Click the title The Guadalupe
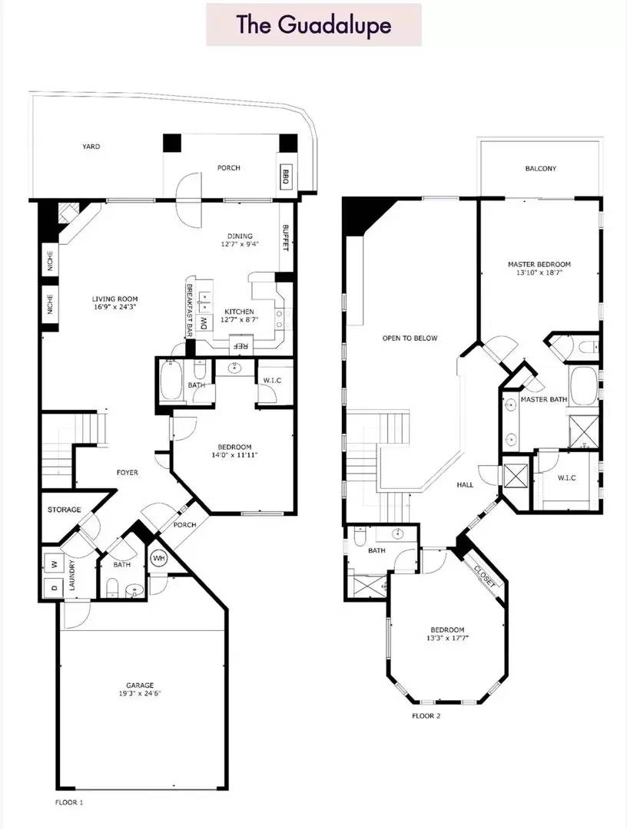[x=313, y=25]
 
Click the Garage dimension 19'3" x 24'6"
[x=140, y=694]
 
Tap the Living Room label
[x=114, y=299]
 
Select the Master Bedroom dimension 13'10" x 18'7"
[x=539, y=272]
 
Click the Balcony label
[x=540, y=169]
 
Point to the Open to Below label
[x=410, y=338]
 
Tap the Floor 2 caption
[x=426, y=716]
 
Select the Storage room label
[x=64, y=510]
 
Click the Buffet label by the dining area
[x=286, y=238]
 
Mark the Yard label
[x=91, y=147]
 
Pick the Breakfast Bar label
[x=189, y=310]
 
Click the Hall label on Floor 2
[x=465, y=484]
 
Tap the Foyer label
[x=127, y=472]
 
